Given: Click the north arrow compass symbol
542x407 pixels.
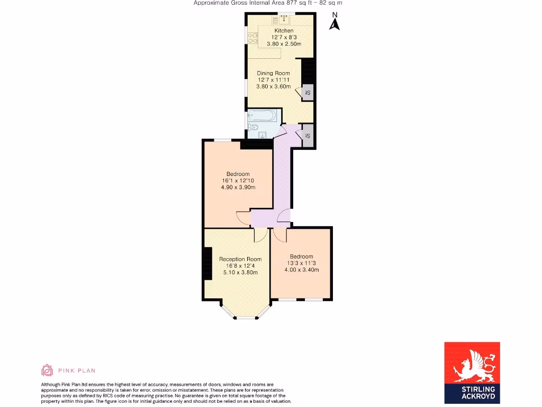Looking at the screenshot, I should (x=334, y=22).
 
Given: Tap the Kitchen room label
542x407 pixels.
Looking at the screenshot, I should (x=284, y=31).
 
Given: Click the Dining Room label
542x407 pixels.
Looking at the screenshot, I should (x=273, y=73).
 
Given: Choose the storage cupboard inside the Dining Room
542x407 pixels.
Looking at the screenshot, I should (x=308, y=93).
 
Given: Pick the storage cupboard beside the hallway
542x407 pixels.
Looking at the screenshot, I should (x=308, y=136).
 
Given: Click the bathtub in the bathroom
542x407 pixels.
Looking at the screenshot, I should (x=262, y=115).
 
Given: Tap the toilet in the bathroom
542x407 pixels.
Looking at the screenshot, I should (x=254, y=127).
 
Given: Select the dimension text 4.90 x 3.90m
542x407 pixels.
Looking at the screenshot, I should (x=238, y=188).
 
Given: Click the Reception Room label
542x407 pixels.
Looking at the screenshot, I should (x=240, y=259).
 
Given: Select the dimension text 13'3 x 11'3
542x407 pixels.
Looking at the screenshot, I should (x=301, y=263).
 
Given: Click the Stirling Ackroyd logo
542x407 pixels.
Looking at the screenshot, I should (x=472, y=373).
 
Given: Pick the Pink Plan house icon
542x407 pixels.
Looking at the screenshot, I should (x=47, y=370).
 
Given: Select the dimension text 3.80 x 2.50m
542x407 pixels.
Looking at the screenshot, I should (x=284, y=44).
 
